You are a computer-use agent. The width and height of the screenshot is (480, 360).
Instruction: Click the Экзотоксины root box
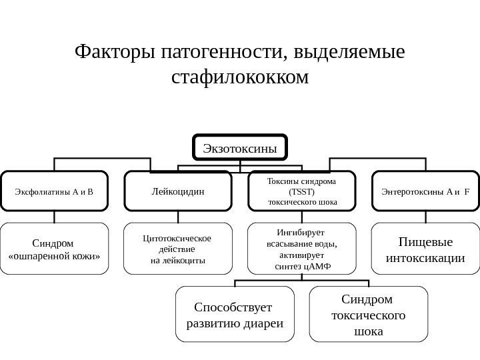click(x=240, y=148)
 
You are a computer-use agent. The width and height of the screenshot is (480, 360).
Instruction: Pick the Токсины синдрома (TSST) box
click(x=302, y=191)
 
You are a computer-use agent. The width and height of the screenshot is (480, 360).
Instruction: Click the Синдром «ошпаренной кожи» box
click(x=55, y=249)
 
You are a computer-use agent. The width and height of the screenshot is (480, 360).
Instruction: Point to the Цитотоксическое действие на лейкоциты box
click(x=178, y=249)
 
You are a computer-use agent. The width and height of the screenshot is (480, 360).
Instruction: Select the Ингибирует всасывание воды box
click(x=302, y=249)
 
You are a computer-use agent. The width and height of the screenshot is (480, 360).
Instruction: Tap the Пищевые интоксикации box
click(x=425, y=249)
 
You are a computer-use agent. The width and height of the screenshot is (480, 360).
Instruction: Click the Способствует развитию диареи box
click(x=235, y=314)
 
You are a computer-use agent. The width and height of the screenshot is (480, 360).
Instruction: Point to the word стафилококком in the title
click(x=240, y=77)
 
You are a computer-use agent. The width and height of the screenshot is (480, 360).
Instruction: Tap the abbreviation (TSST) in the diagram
click(x=302, y=191)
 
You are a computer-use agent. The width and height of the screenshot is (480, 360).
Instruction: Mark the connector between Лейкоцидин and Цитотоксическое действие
click(x=178, y=217)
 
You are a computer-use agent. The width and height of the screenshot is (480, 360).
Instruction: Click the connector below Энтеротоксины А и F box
click(x=425, y=217)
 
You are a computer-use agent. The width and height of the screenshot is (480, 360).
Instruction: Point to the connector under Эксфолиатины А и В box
click(x=55, y=217)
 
